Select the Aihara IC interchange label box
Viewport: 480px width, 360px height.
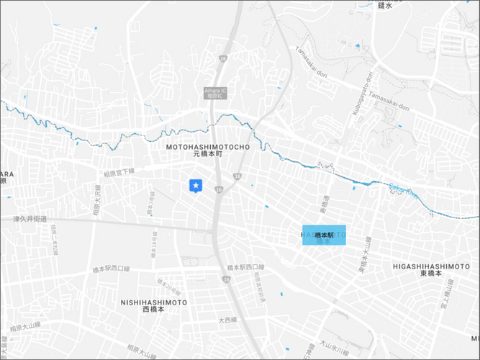215,93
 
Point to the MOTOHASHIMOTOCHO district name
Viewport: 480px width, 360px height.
207,147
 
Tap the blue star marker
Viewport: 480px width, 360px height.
195,186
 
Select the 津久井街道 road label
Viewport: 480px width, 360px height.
30,219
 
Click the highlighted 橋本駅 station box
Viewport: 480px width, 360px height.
324,235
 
